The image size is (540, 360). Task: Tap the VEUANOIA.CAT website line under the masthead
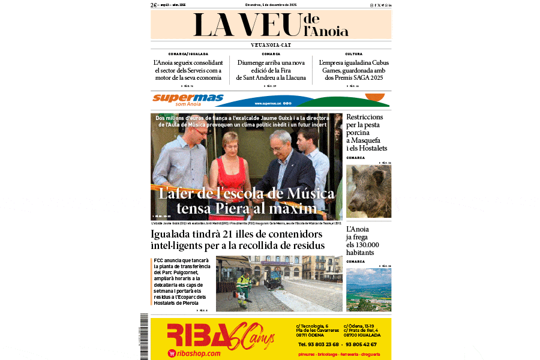pos(271,45)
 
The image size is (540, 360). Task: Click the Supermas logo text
pos(188,97)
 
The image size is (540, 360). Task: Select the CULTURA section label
pos(353,54)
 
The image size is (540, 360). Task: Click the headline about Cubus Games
pos(353,70)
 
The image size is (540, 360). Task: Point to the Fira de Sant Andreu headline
pos(271,70)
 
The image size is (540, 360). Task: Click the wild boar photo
pos(368,191)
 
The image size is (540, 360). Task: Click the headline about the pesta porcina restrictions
pos(367,132)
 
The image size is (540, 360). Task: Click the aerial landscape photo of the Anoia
pos(368,289)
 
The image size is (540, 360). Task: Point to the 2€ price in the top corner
pos(154,5)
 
